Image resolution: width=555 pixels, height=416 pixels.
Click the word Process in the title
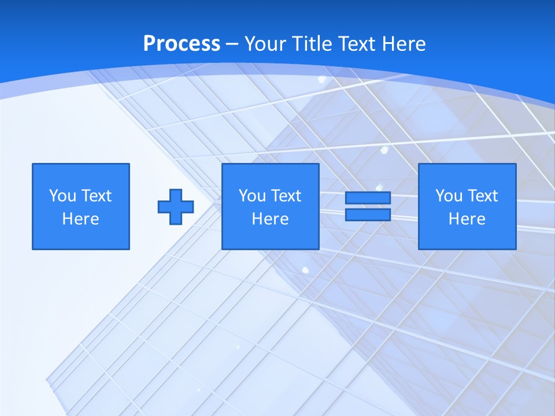(x=182, y=44)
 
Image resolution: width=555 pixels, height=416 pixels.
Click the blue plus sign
(x=176, y=207)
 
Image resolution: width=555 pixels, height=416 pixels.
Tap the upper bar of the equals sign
(x=368, y=198)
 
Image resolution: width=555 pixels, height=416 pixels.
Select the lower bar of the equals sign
(x=368, y=214)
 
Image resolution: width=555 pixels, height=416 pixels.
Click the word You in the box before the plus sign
(x=62, y=196)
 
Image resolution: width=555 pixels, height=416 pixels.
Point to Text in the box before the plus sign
(x=96, y=196)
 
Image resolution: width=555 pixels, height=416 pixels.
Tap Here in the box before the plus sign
(x=80, y=219)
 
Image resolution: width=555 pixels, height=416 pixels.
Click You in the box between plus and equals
(x=252, y=196)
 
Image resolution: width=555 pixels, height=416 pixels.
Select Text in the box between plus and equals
(x=286, y=196)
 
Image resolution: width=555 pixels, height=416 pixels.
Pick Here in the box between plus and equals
(x=270, y=219)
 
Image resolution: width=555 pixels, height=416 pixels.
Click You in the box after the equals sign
(x=449, y=196)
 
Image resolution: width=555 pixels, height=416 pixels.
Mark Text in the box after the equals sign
(x=482, y=196)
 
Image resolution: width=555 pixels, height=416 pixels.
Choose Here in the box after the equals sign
(x=467, y=219)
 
